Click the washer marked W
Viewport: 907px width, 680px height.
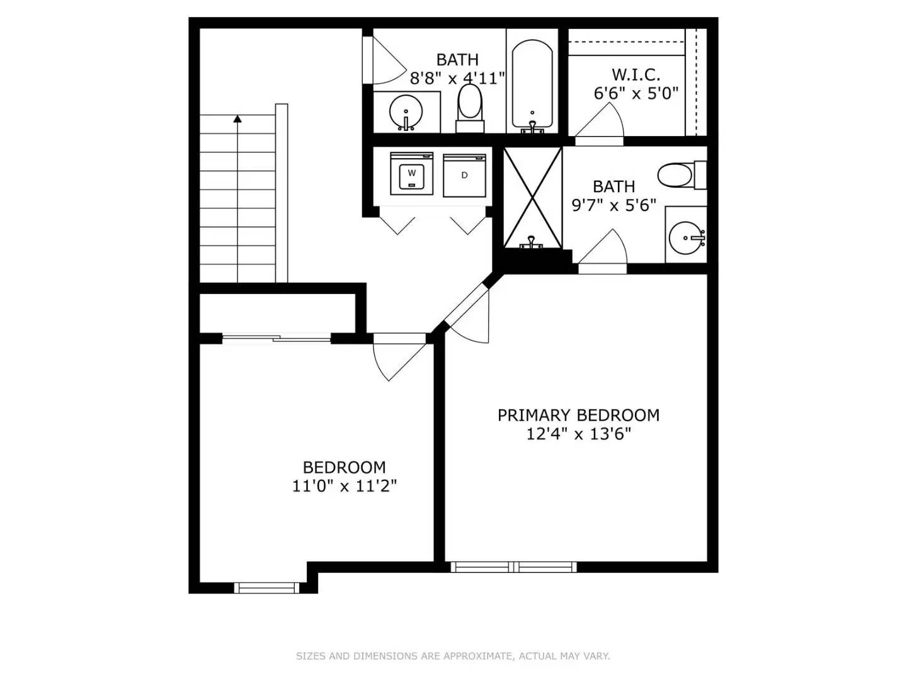coord(411,173)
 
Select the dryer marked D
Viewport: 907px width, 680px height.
coord(464,175)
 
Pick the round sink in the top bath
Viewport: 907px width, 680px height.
coord(406,113)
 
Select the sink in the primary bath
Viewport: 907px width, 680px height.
coord(686,238)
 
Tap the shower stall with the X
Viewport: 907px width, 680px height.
coord(532,196)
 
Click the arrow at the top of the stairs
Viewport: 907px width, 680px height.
coord(237,118)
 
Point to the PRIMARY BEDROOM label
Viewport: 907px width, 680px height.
coord(578,416)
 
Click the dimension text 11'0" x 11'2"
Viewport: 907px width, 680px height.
coord(344,486)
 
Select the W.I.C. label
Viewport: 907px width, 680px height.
coord(636,75)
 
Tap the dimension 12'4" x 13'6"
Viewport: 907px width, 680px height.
coord(578,434)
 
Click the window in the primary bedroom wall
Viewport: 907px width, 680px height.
coord(513,567)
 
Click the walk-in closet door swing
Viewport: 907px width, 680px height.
coord(602,123)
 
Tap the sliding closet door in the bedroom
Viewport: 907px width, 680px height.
coord(277,339)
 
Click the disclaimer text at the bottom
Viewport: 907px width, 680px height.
coord(453,656)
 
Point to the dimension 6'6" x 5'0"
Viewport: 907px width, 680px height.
coord(636,94)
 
